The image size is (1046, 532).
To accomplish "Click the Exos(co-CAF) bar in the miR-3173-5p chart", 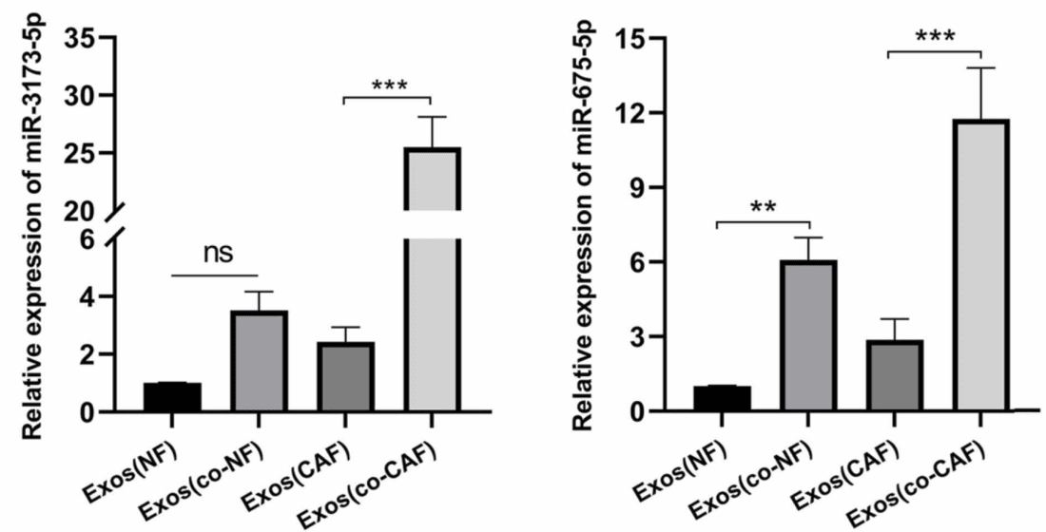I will [x=432, y=313].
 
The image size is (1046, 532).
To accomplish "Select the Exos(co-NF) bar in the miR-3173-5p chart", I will [x=259, y=362].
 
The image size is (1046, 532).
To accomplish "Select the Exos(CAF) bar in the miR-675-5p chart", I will [x=894, y=376].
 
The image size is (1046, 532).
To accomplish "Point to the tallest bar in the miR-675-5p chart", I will [x=980, y=266].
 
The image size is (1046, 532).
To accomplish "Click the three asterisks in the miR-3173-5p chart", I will [x=387, y=85].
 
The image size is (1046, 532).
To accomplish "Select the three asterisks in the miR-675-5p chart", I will [x=936, y=38].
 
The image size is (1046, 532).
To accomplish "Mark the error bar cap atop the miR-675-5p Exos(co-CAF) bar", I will [x=980, y=67].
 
